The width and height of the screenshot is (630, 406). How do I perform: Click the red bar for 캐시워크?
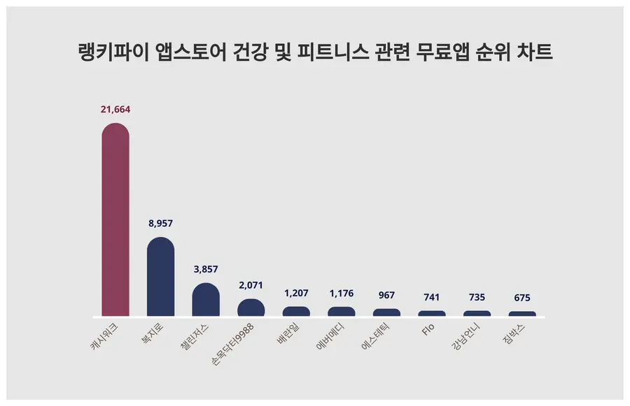click(115, 220)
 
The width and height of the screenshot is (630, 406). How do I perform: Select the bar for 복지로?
click(160, 277)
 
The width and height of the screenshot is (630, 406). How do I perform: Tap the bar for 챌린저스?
click(206, 300)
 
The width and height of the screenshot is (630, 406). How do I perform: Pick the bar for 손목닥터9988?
click(251, 308)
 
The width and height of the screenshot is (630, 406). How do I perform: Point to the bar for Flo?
click(432, 314)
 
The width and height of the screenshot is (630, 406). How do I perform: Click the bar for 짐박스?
click(522, 314)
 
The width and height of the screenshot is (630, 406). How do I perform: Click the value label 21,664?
click(115, 110)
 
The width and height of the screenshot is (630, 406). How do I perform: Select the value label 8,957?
click(160, 224)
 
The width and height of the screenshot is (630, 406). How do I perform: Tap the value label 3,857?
click(206, 270)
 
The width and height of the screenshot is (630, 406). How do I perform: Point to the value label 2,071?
click(251, 286)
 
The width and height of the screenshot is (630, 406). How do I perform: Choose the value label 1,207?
click(296, 293)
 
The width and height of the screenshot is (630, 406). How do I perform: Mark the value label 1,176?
click(342, 293)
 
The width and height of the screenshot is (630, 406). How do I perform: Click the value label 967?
click(386, 296)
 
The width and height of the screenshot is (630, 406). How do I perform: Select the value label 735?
click(477, 298)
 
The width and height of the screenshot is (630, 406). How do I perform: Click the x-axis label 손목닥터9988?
click(236, 342)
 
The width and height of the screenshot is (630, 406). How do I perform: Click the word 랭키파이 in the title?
click(108, 53)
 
